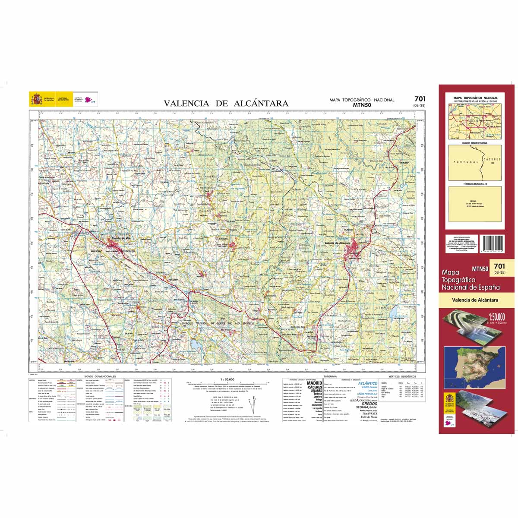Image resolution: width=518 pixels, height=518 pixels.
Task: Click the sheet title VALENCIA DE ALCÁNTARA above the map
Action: point(226,103)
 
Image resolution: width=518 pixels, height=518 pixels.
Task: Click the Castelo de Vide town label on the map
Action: point(121,239)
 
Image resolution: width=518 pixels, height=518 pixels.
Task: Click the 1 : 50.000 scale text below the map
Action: point(227,379)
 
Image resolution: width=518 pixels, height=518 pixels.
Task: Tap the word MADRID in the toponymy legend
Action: point(314,383)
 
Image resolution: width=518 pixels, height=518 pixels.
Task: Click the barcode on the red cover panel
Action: point(492,246)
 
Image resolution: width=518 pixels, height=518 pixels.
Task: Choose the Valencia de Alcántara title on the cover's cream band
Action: point(475,300)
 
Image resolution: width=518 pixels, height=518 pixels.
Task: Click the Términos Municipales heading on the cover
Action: point(474,184)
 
